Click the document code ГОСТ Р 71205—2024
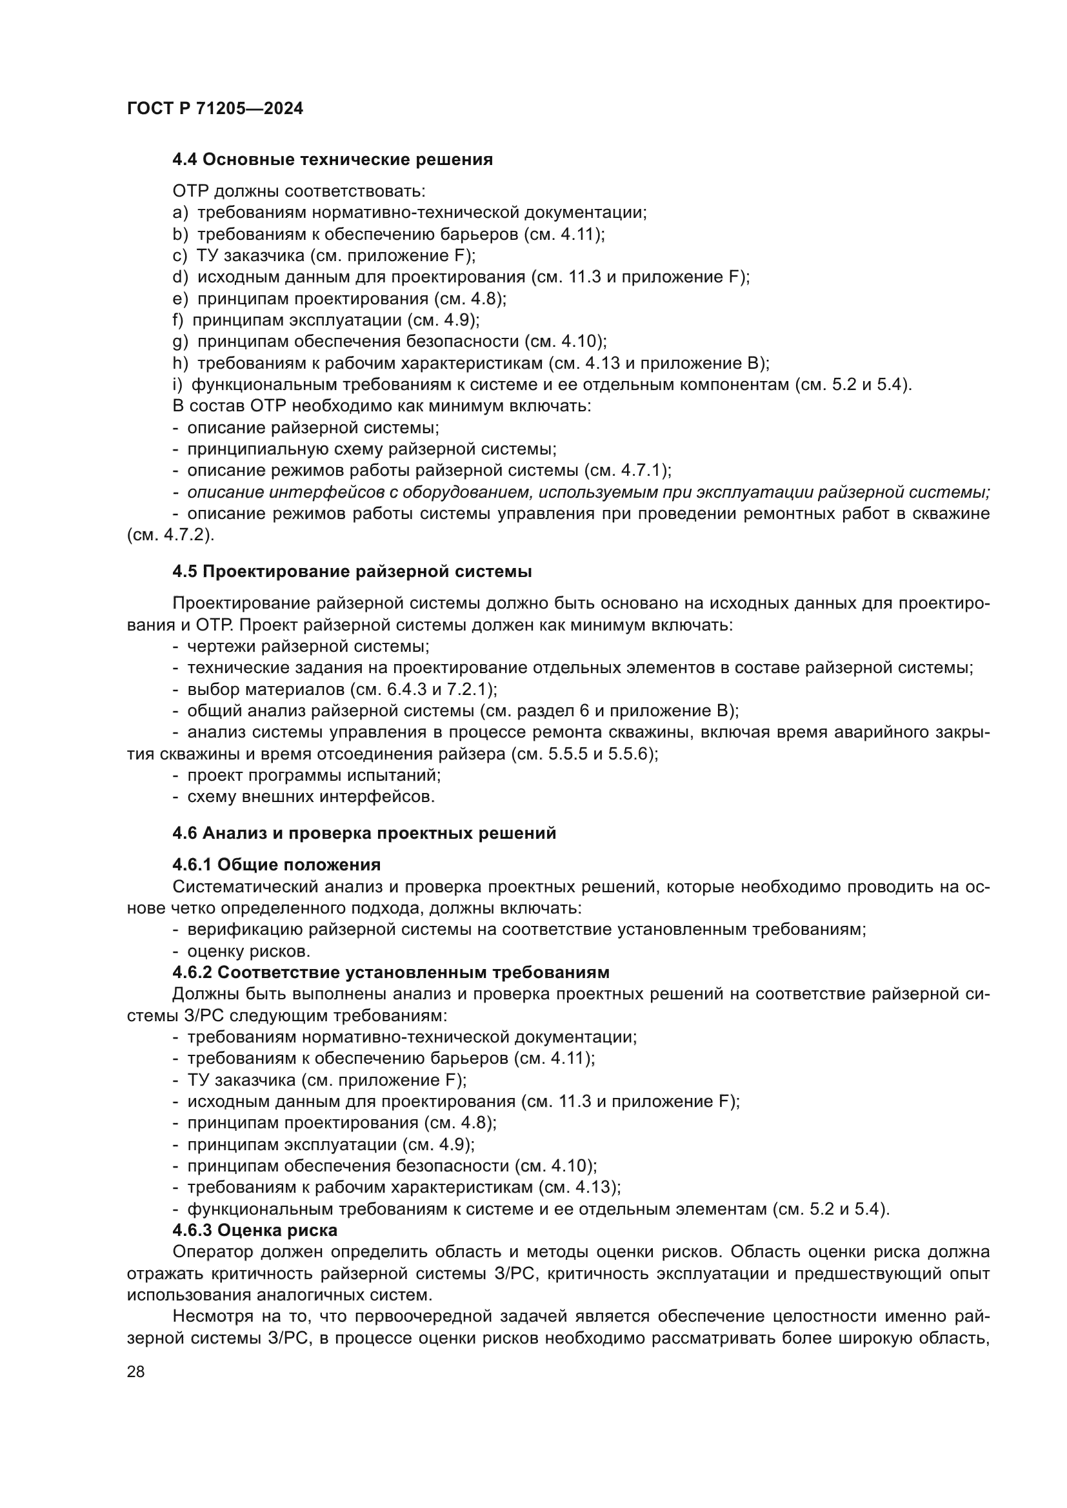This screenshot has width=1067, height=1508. click(215, 109)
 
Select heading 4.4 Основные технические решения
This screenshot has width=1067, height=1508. click(332, 160)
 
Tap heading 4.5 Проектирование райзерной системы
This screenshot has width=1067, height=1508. click(352, 571)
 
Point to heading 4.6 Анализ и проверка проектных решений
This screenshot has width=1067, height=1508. click(364, 833)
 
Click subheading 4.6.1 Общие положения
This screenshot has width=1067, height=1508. click(277, 865)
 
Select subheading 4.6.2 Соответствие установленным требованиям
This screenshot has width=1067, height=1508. click(391, 972)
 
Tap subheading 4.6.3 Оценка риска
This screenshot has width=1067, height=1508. click(255, 1229)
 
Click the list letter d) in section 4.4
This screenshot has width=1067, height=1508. click(180, 277)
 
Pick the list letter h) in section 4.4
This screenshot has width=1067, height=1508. click(180, 363)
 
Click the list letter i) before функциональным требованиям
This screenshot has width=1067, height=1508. click(177, 385)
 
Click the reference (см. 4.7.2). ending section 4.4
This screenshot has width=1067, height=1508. click(170, 535)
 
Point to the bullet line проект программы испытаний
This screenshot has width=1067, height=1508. click(314, 775)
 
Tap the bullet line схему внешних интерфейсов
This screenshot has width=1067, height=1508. click(311, 797)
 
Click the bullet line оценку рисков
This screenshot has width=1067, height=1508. click(248, 951)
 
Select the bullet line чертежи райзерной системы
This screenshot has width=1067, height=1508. click(308, 646)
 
